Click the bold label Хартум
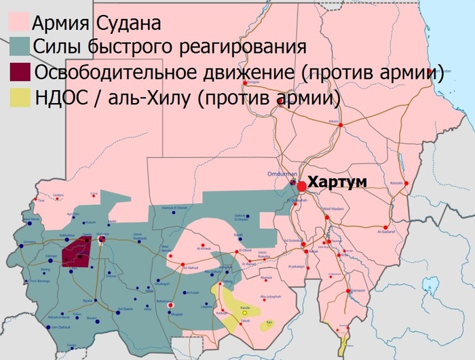tap(337, 182)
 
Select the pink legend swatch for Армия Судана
tap(20, 25)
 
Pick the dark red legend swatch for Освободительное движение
tap(20, 73)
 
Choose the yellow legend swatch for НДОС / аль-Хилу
tap(20, 96)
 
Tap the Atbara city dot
tap(341, 125)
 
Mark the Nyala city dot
tap(96, 300)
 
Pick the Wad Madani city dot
tap(327, 218)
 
